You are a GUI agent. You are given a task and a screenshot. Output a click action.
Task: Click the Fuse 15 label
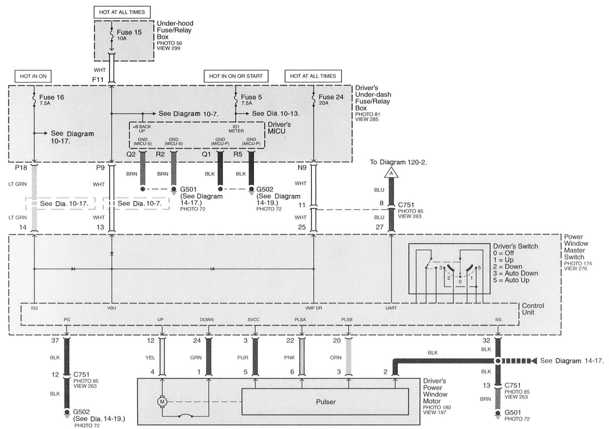pos(129,32)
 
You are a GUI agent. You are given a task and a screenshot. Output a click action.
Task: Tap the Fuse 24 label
pos(331,97)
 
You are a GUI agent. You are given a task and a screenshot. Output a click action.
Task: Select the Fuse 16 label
pos(52,97)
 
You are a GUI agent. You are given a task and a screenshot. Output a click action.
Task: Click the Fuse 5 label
pos(251,97)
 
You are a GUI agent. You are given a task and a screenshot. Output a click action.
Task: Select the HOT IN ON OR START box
pos(236,76)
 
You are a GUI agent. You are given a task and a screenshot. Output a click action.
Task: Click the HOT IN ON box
pos(33,76)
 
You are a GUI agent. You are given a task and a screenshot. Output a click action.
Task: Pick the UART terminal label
pos(391,308)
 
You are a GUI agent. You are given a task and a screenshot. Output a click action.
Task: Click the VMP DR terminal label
pos(314,308)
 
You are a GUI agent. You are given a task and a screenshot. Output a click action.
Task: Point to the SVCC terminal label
pos(253,320)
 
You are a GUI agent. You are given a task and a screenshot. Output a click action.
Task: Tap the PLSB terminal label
pos(347,320)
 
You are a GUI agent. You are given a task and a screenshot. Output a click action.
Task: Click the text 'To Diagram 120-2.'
pos(398,162)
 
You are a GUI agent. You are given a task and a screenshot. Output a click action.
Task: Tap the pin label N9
pos(302,168)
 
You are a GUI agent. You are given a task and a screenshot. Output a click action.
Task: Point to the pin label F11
pos(98,79)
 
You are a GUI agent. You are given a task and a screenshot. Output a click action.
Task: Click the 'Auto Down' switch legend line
pos(515,273)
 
